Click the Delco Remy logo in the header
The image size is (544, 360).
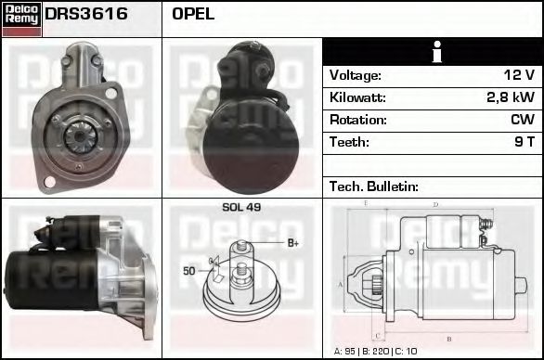[x=21, y=19]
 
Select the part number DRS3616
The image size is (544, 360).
[x=86, y=14]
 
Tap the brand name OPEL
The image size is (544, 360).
[x=193, y=14]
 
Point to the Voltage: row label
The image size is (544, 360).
[x=356, y=75]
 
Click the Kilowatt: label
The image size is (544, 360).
[x=357, y=97]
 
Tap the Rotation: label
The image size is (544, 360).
[x=357, y=120]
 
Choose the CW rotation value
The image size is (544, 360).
[x=522, y=120]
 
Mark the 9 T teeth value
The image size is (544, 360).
[x=523, y=142]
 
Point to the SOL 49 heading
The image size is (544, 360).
[x=241, y=207]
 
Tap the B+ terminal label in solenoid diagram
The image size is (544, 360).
[x=292, y=243]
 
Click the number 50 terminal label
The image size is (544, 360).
[x=188, y=270]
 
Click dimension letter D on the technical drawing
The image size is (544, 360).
[x=435, y=204]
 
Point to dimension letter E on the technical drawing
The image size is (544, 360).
[x=366, y=202]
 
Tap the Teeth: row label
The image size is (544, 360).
[x=349, y=142]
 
